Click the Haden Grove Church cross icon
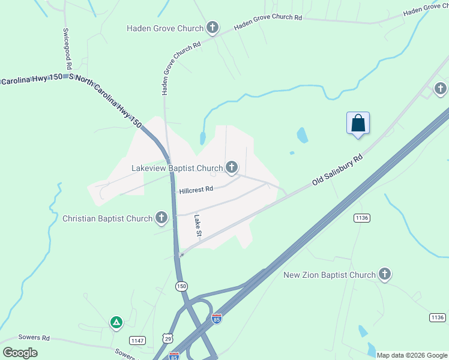(212, 28)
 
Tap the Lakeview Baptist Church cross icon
(232, 167)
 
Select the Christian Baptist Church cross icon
(161, 218)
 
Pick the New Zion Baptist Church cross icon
(385, 274)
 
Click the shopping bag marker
(358, 124)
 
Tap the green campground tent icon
(116, 323)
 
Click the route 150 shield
(181, 286)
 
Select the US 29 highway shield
(167, 337)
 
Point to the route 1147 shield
(138, 340)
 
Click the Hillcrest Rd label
(196, 190)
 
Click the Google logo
(20, 353)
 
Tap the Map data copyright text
(412, 355)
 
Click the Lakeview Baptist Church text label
(177, 168)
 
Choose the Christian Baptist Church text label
(107, 218)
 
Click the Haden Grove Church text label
(165, 28)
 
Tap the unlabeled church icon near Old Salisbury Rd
(440, 89)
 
